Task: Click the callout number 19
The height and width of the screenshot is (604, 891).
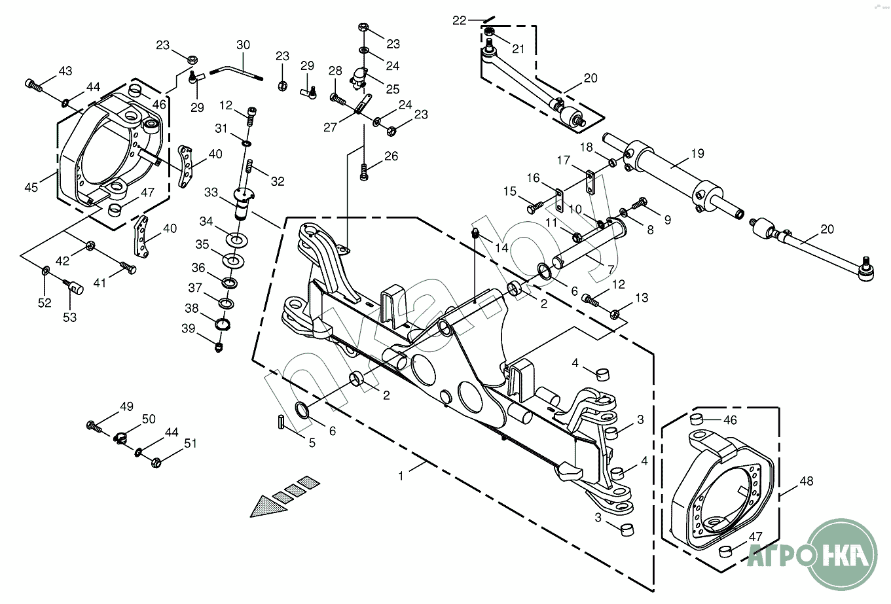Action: click(697, 154)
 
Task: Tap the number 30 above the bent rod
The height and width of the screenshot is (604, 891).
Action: click(243, 46)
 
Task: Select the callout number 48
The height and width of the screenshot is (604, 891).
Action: click(807, 481)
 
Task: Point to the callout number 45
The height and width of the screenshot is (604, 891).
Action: click(31, 187)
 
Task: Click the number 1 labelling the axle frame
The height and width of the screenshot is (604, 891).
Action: click(401, 476)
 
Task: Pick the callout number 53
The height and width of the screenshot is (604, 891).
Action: click(69, 317)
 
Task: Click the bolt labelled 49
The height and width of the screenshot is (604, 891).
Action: click(94, 426)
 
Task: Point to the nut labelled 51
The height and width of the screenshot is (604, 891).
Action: click(156, 463)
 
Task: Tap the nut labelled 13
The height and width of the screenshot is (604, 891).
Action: click(615, 315)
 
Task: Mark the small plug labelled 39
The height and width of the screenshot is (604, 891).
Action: click(220, 346)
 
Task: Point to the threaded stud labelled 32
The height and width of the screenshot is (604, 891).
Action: click(249, 174)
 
